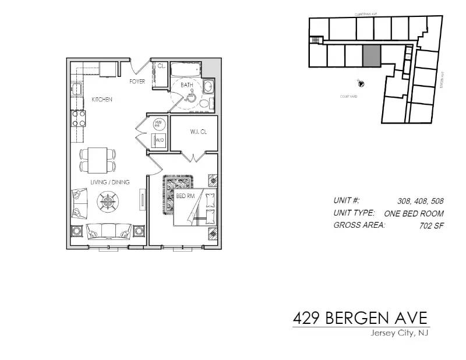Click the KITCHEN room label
102,100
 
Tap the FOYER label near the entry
137,82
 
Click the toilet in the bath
203,103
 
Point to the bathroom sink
209,87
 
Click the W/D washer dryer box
159,141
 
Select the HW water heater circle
158,124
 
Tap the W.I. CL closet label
198,132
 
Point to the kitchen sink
77,89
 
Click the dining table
97,158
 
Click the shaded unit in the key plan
372,56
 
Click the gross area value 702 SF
432,225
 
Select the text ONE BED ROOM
414,213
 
